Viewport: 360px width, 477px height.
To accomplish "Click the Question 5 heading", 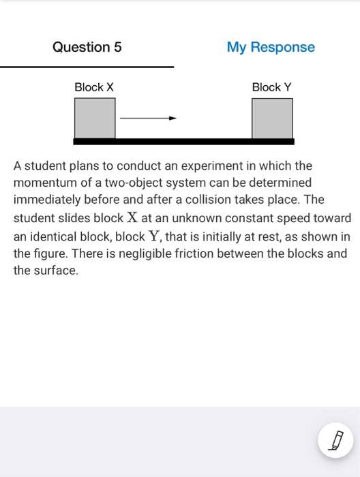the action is click(87, 47).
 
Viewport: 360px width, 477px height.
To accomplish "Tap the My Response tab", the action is click(271, 47).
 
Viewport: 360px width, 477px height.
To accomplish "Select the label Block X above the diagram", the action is click(94, 87).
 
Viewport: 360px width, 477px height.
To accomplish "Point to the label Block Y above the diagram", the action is click(271, 87).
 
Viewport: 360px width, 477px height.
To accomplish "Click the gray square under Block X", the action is click(95, 119).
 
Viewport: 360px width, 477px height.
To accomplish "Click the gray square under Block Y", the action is click(272, 119).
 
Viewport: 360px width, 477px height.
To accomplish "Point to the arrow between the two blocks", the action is click(148, 118).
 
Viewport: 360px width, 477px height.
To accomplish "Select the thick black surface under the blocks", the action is click(184, 142).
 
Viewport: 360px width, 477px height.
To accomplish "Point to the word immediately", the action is click(48, 200).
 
